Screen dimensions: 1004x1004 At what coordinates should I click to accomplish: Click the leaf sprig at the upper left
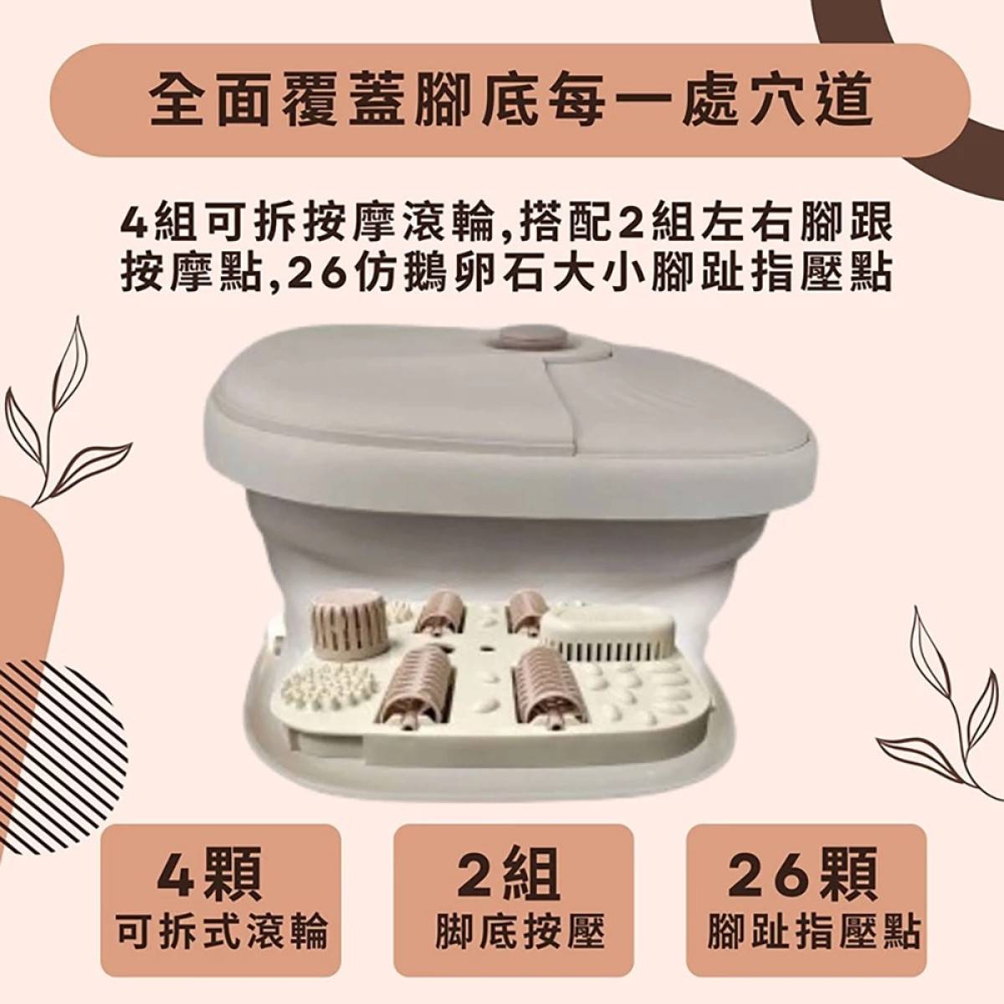click(47, 411)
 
